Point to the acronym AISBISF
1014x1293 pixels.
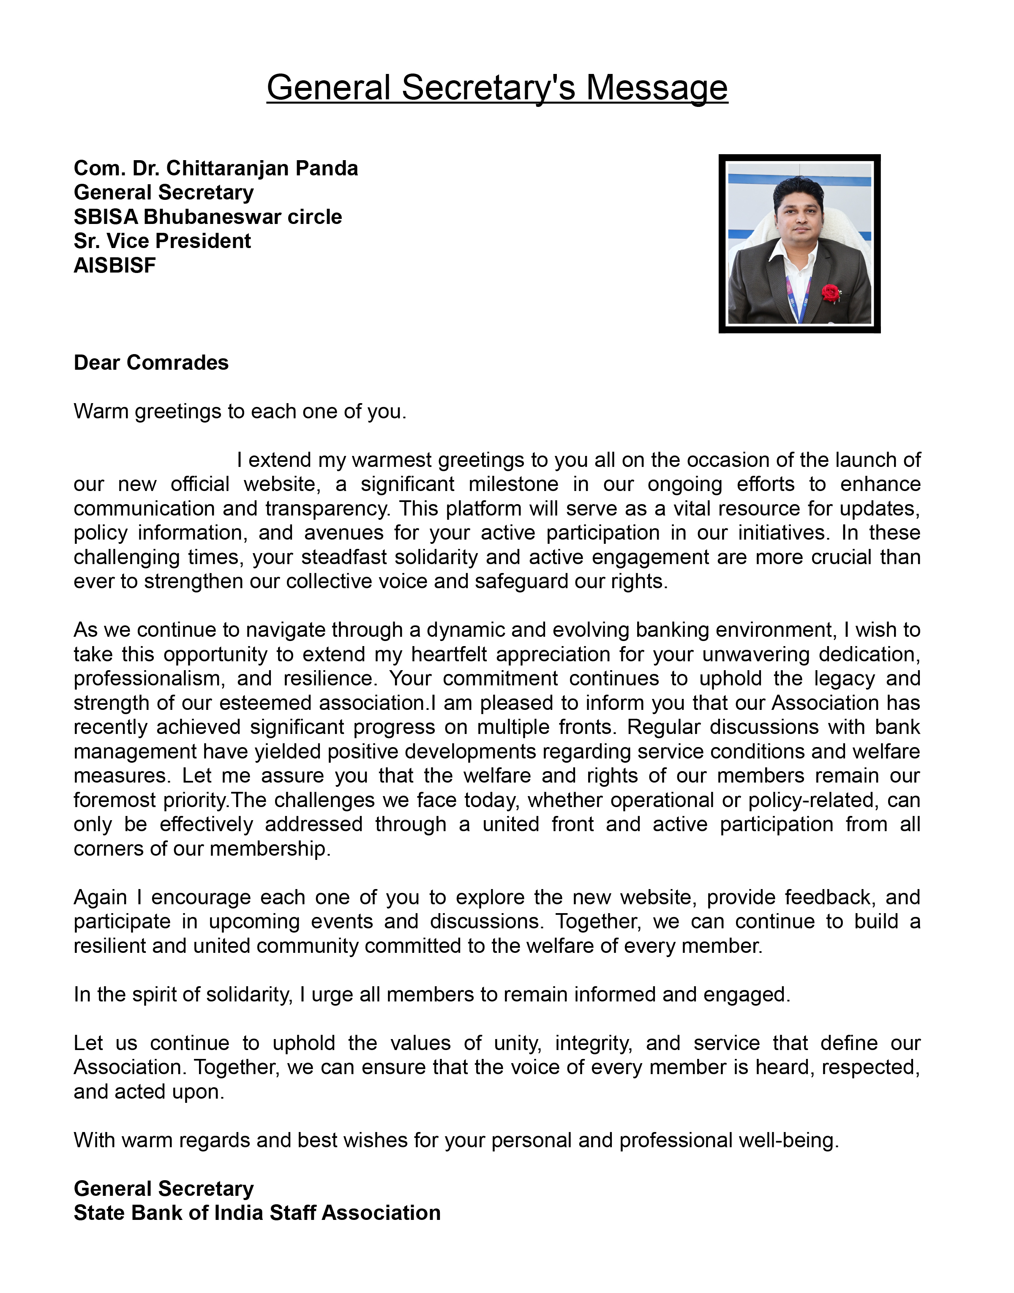click(x=114, y=266)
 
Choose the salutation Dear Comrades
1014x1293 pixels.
click(x=151, y=363)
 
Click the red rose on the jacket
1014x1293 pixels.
click(x=831, y=292)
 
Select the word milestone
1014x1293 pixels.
click(x=513, y=484)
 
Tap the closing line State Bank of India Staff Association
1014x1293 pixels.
click(x=257, y=1213)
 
